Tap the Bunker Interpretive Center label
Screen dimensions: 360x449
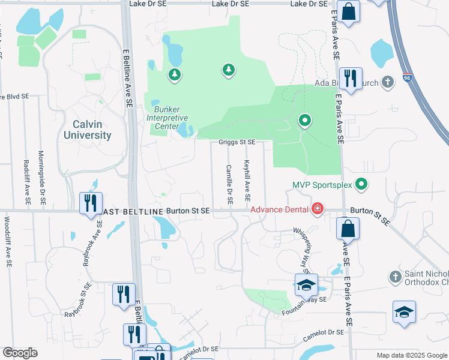(x=162, y=118)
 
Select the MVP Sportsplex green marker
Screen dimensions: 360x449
(x=361, y=184)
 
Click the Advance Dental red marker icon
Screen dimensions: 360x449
(x=317, y=209)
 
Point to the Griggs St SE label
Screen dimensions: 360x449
(x=237, y=142)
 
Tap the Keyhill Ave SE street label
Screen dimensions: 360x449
(x=247, y=180)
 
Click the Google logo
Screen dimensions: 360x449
(x=20, y=353)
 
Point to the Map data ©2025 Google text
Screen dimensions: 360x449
(x=411, y=355)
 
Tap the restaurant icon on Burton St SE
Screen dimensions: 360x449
(x=91, y=202)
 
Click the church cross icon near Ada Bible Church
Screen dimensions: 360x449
(x=388, y=82)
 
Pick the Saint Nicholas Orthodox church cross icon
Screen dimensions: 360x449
(x=395, y=277)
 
